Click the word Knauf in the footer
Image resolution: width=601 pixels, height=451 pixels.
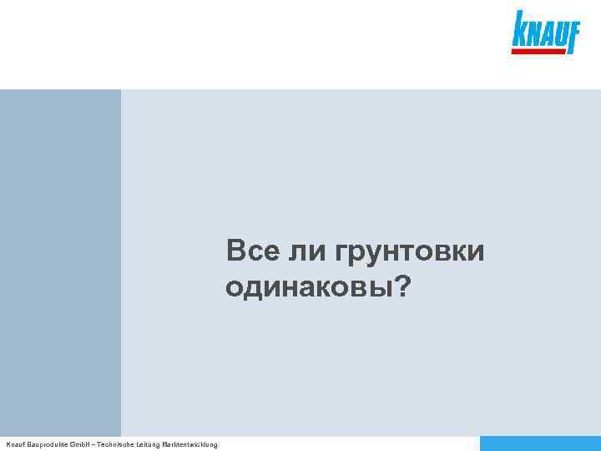[x=16, y=444]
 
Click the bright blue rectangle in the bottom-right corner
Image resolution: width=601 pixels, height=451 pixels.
[x=540, y=443]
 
